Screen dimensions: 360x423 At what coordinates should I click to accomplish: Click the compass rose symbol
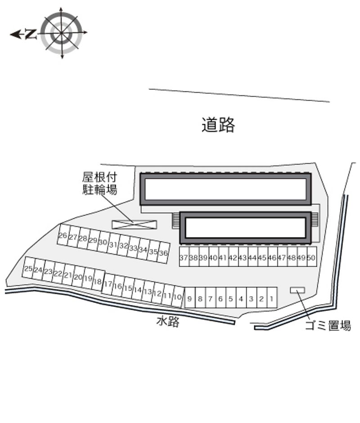(x=61, y=33)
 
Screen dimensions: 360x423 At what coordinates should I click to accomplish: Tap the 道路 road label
(x=218, y=125)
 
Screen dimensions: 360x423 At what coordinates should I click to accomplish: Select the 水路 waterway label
(x=168, y=321)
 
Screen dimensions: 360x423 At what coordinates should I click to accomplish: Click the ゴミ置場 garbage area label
(x=328, y=326)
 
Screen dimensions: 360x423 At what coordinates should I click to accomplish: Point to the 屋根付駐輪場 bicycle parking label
(x=99, y=183)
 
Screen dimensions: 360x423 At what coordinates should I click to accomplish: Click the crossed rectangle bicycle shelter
(x=134, y=224)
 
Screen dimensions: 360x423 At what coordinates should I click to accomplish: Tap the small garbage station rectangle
(x=297, y=290)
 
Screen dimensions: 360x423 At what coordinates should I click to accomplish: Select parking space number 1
(x=271, y=298)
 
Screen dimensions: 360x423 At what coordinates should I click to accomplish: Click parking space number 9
(x=189, y=298)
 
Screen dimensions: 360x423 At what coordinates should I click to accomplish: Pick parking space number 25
(x=28, y=269)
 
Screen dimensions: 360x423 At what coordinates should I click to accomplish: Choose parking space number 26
(x=63, y=236)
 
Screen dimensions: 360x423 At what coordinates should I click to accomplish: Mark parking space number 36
(x=163, y=253)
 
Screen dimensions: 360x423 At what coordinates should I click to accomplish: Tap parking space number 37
(x=184, y=258)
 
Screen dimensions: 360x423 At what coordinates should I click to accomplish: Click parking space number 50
(x=311, y=258)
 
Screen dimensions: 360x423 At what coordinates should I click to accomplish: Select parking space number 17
(x=108, y=284)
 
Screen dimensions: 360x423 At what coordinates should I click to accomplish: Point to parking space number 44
(x=252, y=258)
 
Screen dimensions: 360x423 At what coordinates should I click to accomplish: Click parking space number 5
(x=230, y=298)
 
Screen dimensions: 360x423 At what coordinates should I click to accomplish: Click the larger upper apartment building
(x=225, y=189)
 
